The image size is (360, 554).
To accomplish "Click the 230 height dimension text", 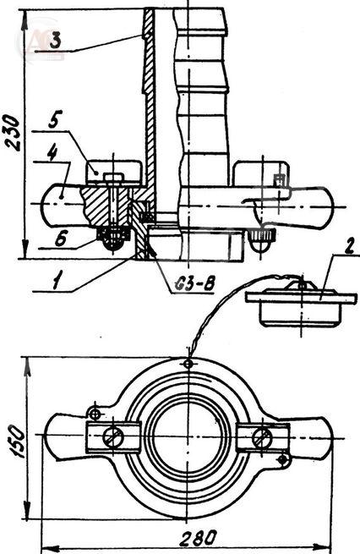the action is [12, 133].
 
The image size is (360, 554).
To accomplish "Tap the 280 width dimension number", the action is [198, 539].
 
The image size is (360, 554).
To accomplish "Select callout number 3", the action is [55, 40].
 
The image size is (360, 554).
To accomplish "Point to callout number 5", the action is [56, 119].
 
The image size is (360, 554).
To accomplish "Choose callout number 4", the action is [52, 152].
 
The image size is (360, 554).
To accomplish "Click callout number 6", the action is [60, 239].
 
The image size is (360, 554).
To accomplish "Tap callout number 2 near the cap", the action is [349, 247].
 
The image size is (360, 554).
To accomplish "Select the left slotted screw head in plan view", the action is [113, 436].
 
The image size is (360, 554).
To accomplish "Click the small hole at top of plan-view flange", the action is [188, 363].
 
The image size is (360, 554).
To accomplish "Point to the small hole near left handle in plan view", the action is [95, 414].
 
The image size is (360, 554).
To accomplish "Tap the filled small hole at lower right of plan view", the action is [282, 459].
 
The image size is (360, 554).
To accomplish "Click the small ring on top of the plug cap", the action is [301, 284].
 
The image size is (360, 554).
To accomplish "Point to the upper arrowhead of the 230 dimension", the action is [25, 22].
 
